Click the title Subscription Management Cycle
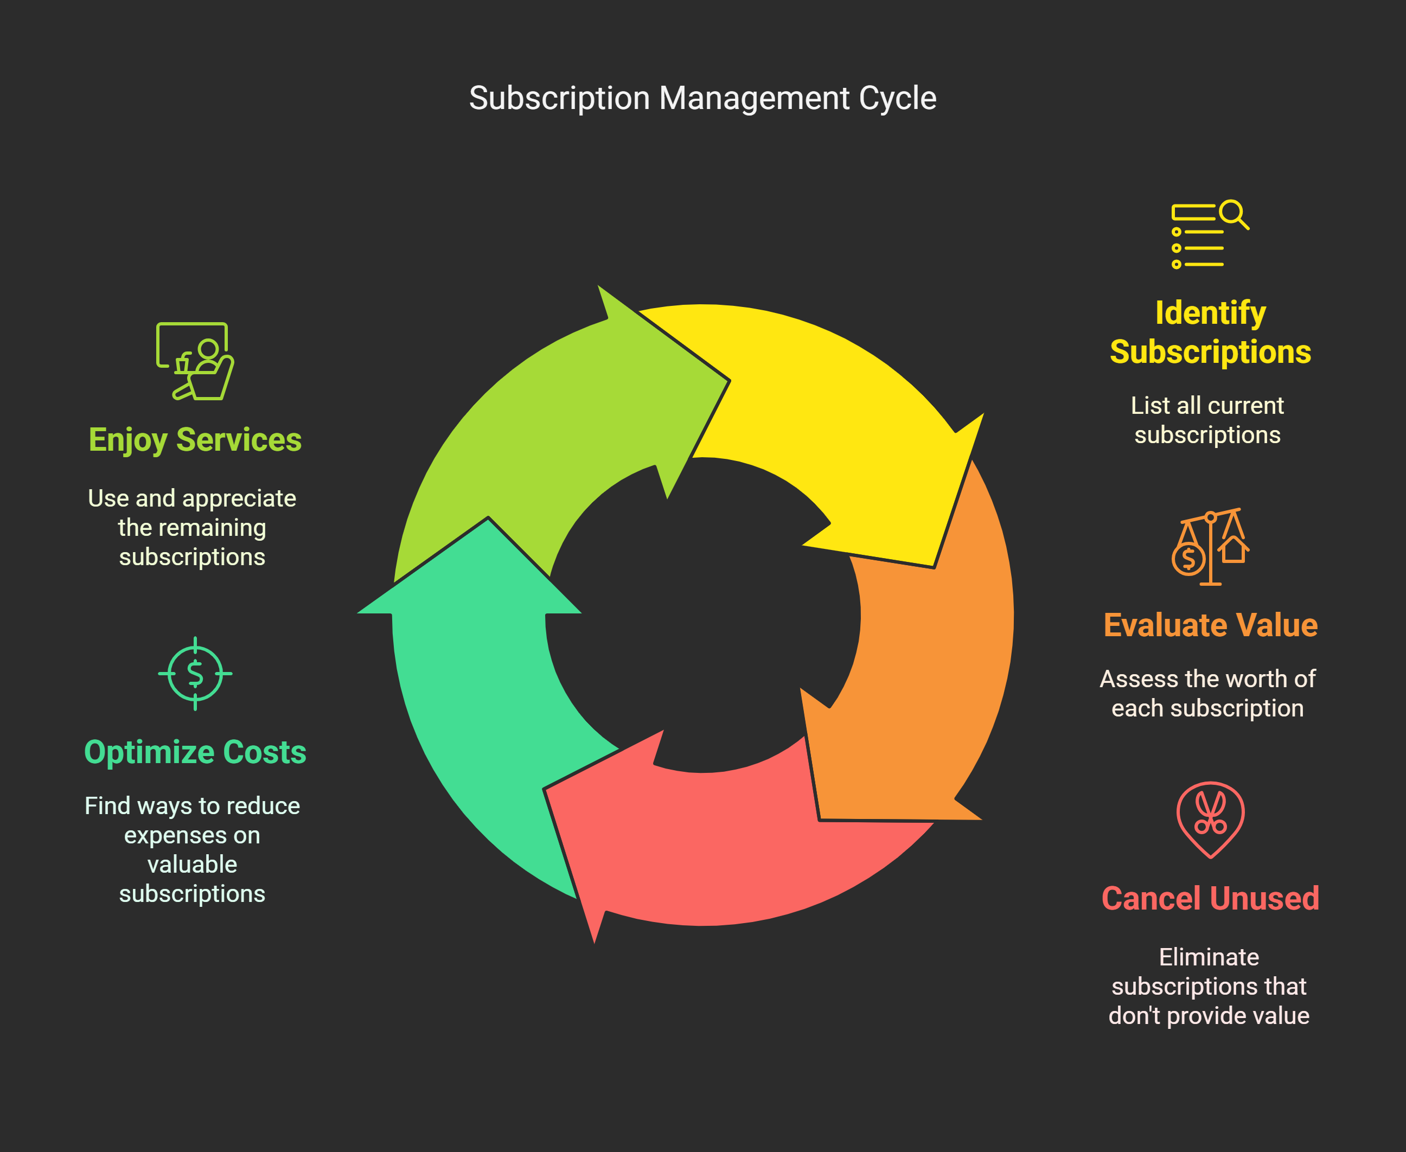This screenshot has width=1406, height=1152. [702, 98]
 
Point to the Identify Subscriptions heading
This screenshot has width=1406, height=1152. [1210, 332]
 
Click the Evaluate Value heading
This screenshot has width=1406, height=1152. [1210, 625]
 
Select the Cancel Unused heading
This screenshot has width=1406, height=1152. [1210, 899]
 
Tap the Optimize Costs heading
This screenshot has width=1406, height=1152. [195, 752]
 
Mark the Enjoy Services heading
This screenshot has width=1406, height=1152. [195, 439]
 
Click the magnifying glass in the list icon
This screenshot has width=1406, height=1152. [1234, 214]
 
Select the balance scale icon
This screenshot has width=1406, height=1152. [1210, 547]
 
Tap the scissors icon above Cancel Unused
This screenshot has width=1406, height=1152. [1210, 814]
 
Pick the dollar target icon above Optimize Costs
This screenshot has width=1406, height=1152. [195, 674]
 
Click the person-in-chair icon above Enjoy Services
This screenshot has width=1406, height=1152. [195, 361]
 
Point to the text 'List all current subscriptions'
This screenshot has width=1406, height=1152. [1207, 420]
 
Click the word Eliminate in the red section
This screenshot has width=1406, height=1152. [1209, 957]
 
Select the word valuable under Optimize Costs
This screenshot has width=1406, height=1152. [192, 864]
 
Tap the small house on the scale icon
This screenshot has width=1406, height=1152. [1234, 549]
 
